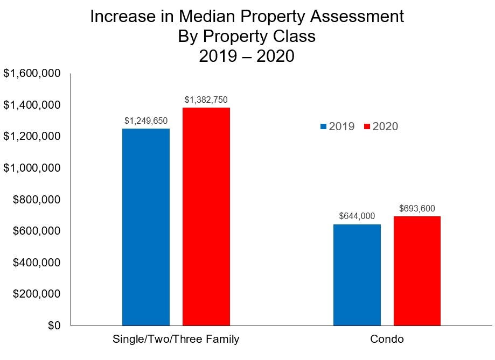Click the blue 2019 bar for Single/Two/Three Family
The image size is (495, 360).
(x=146, y=227)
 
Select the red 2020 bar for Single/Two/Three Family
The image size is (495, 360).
(x=206, y=216)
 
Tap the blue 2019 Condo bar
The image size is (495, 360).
(x=357, y=274)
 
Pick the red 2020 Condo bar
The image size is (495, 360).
(x=417, y=271)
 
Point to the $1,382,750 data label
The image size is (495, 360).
(x=206, y=100)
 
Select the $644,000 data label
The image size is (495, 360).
(x=357, y=216)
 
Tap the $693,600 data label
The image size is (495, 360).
(x=417, y=208)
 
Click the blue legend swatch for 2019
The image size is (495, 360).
(x=324, y=127)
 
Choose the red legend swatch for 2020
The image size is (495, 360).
(x=367, y=127)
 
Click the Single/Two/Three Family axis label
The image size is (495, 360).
(x=176, y=340)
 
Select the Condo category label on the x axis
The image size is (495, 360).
(x=387, y=340)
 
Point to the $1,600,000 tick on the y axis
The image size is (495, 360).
(x=31, y=73)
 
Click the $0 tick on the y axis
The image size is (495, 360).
(x=52, y=326)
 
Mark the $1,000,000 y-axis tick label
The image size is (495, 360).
(x=31, y=168)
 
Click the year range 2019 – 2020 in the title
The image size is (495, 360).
(x=247, y=55)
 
